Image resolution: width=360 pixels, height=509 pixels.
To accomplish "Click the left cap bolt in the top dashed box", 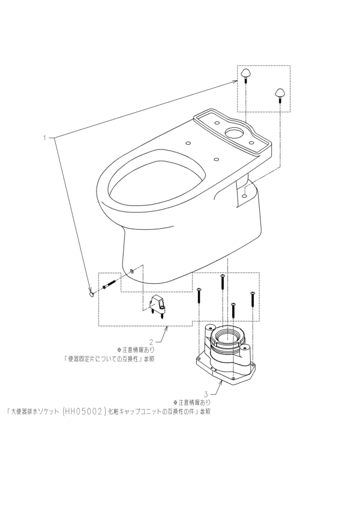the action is pyautogui.click(x=247, y=74).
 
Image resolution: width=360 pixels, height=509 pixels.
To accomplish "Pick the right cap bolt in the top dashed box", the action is pyautogui.click(x=280, y=92).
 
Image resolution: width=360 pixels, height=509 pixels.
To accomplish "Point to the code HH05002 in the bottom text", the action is pyautogui.click(x=80, y=412).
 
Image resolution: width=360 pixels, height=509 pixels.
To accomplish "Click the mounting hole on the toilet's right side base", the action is pyautogui.click(x=245, y=193).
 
